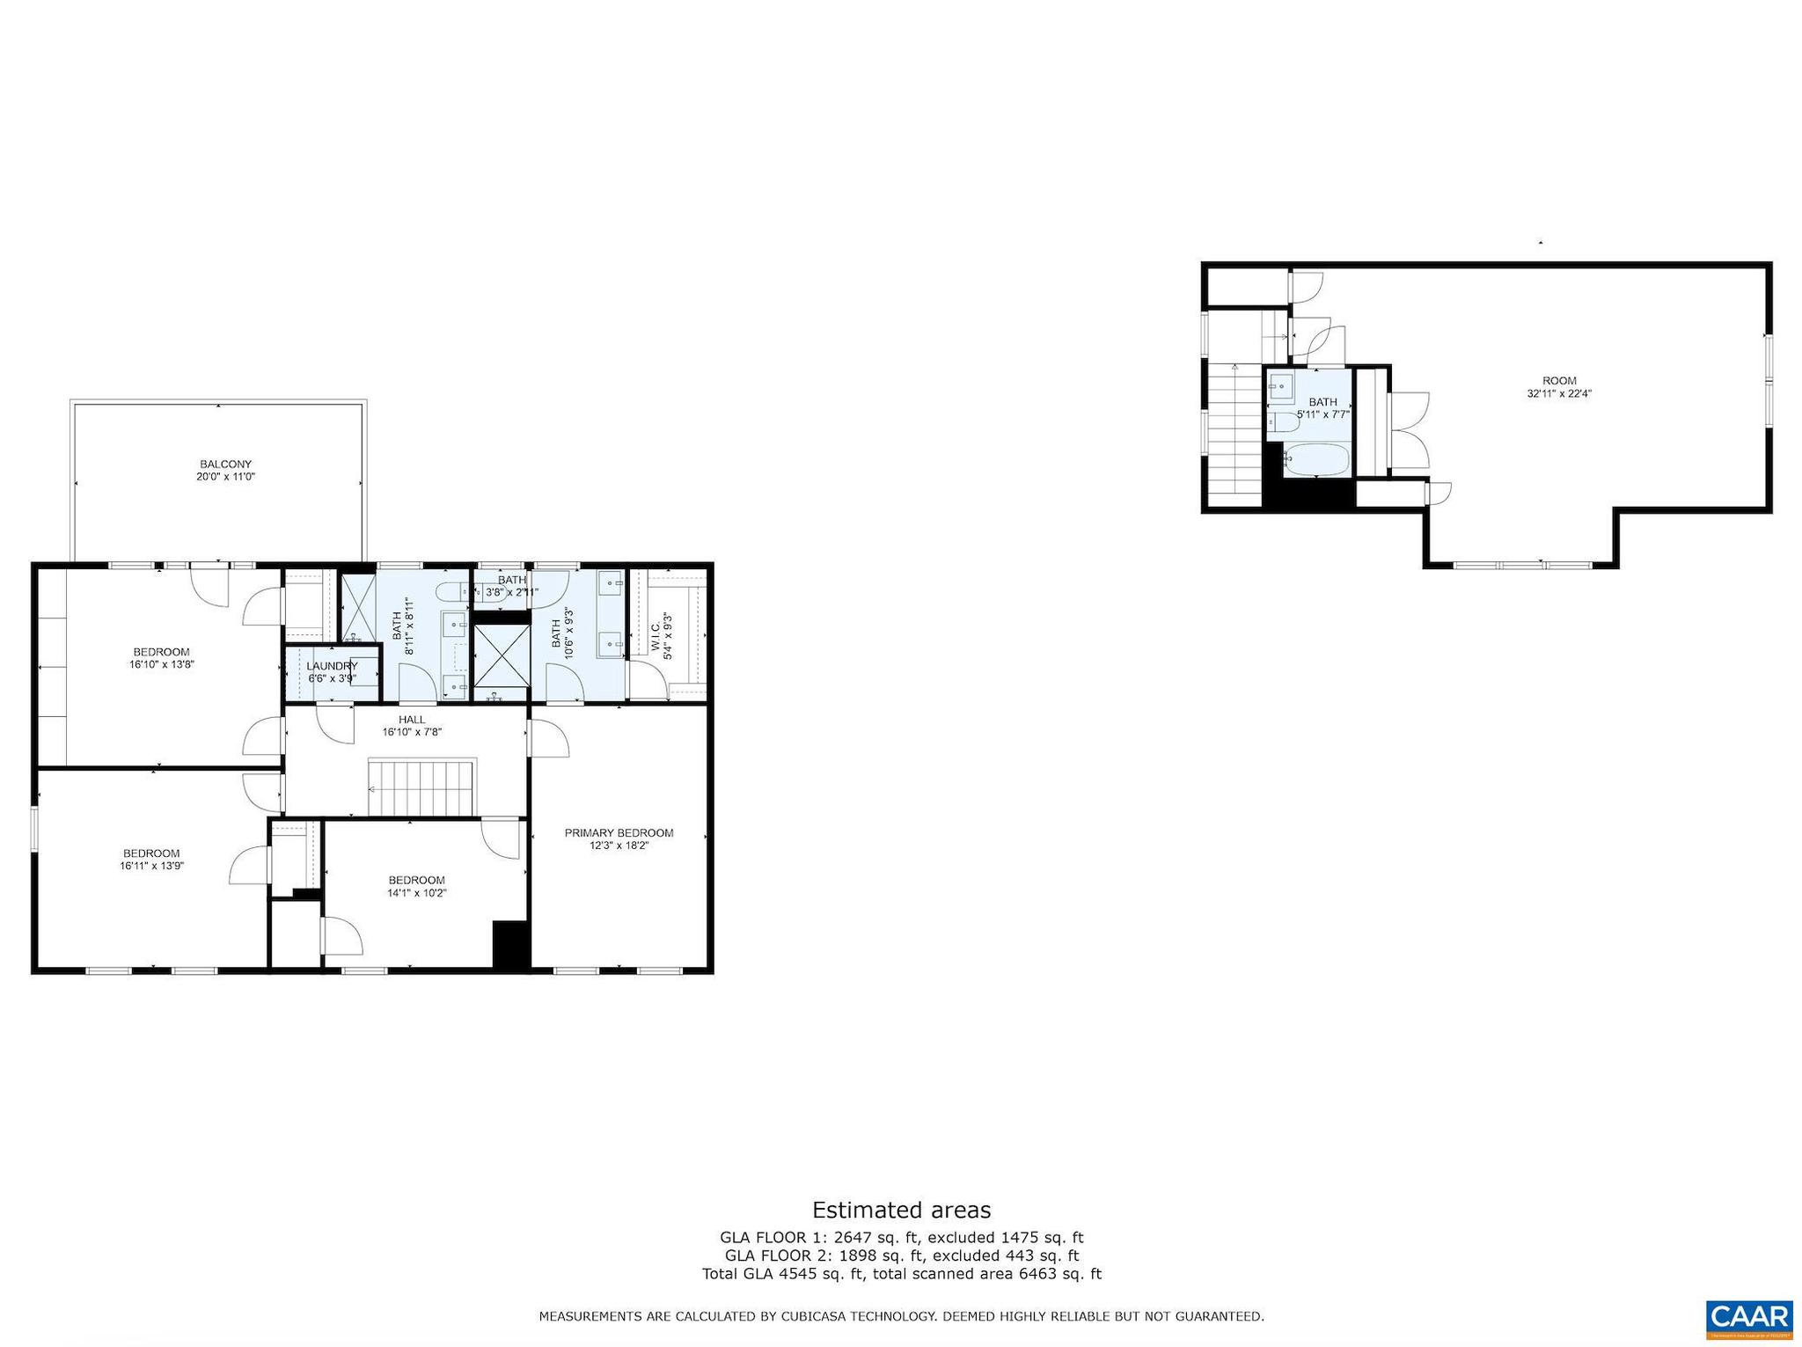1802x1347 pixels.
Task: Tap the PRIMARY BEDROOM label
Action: (619, 832)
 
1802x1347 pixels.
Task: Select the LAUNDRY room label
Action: (332, 666)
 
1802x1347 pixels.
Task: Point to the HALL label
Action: (411, 720)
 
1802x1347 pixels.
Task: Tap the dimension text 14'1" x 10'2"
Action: (416, 893)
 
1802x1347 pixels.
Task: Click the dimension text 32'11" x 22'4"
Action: (1559, 394)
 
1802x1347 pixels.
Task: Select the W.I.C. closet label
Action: (656, 635)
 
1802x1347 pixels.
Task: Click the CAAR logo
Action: (1749, 1318)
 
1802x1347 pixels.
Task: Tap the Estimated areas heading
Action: (901, 1210)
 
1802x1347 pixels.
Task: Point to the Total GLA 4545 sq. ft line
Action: (901, 1273)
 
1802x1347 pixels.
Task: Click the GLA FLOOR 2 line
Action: (901, 1255)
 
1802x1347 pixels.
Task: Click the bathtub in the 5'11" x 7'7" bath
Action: (1315, 460)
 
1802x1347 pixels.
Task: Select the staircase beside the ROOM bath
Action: (1234, 436)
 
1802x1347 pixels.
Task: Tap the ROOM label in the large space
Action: (1559, 381)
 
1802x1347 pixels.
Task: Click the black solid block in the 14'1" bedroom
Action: (510, 945)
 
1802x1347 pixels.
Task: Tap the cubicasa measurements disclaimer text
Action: (901, 1316)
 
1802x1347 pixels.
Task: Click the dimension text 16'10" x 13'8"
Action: (161, 665)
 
